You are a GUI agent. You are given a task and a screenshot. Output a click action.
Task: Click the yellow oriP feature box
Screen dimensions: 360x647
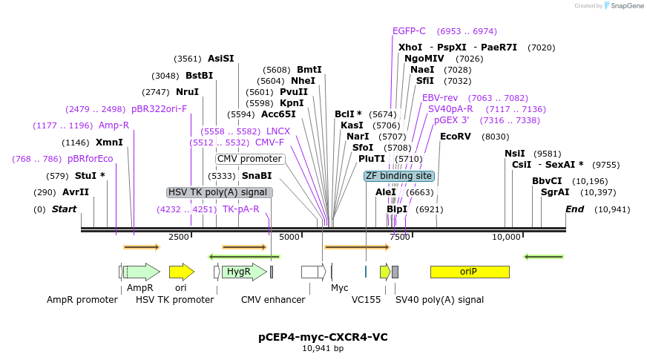[x=470, y=272]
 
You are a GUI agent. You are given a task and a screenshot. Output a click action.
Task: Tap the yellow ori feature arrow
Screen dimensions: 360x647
[x=181, y=272]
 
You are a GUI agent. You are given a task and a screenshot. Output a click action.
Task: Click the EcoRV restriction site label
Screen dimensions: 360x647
[x=456, y=137]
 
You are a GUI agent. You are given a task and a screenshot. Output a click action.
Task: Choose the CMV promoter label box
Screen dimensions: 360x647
[x=250, y=159]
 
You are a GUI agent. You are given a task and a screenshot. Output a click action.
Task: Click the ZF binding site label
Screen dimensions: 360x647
[x=398, y=176]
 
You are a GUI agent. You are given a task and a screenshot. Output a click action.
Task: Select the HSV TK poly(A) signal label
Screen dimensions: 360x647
[x=220, y=192]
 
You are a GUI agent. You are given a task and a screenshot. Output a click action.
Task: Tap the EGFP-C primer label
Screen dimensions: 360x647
[x=409, y=31]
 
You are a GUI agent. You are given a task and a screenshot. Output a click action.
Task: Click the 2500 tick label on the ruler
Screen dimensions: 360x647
[x=179, y=237]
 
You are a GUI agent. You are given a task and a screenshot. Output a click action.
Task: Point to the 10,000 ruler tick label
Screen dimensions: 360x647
[x=507, y=237]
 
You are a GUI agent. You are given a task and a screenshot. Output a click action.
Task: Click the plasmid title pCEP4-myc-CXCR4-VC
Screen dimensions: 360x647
[x=323, y=337]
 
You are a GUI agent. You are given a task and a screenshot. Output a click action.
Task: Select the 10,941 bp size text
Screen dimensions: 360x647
[x=323, y=348]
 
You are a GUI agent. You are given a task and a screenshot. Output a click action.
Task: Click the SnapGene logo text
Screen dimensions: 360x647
[x=625, y=6]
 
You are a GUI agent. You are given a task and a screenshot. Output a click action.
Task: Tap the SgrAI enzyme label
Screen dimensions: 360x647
[x=555, y=192]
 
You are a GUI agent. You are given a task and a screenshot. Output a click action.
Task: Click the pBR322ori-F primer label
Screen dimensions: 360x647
[x=159, y=109]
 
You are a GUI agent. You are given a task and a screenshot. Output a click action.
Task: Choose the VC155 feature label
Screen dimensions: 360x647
[x=366, y=300]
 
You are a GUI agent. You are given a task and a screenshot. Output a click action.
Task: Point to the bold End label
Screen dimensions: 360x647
[x=574, y=209]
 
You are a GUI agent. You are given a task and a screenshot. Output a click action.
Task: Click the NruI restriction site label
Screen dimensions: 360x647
[x=188, y=92]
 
